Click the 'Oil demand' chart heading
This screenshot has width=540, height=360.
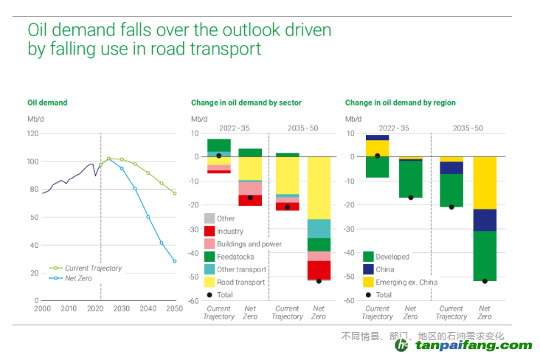47,103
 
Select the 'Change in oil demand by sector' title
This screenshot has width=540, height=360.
246,103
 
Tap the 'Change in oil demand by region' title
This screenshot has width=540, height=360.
400,103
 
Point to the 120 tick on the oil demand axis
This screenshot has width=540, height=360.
32,134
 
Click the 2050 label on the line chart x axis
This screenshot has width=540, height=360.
175,309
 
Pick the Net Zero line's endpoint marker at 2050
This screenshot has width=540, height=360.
175,261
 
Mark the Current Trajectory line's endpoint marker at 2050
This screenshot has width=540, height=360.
175,193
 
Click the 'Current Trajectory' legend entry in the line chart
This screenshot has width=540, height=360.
93,269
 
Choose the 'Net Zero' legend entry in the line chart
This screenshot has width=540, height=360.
79,278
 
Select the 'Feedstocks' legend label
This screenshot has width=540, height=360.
235,256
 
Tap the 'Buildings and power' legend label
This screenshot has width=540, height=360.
249,243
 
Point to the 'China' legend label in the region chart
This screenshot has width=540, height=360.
385,269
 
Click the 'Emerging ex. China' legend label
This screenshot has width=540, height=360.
406,282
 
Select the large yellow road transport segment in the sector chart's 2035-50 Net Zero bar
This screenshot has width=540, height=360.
319,188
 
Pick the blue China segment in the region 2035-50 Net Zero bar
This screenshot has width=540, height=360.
485,220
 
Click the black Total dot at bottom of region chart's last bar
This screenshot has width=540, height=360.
485,281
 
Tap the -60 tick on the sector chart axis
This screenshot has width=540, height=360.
195,301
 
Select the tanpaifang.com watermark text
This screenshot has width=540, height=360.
471,345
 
